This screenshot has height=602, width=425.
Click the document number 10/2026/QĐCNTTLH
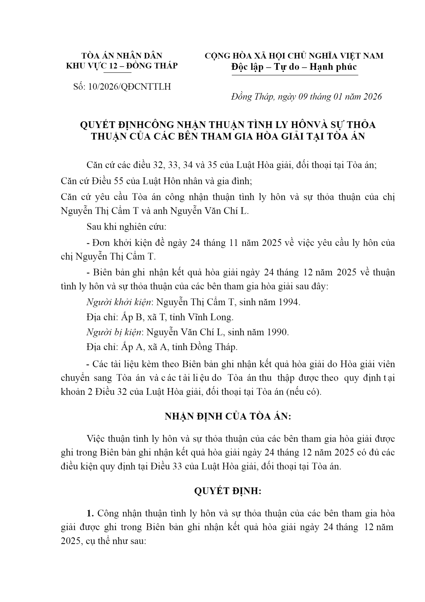[129, 87]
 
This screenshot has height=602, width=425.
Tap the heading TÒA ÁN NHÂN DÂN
[122, 56]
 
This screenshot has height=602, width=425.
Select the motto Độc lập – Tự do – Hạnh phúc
[294, 67]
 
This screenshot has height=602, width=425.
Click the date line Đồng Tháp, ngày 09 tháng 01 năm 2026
[306, 97]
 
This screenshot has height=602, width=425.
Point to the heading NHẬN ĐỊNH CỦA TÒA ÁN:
[228, 416]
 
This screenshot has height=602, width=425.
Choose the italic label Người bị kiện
[114, 332]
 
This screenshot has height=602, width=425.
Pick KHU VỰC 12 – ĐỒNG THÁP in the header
[122, 65]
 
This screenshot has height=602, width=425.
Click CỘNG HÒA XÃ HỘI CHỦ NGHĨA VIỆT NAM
[294, 56]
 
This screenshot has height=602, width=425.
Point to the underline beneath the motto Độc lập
[295, 75]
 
